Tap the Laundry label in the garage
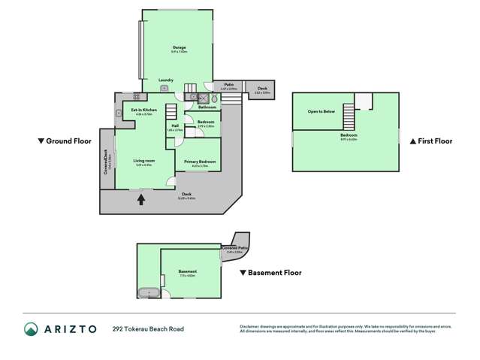point(166,80)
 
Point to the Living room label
point(144,161)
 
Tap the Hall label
point(174,126)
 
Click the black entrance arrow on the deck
point(140,200)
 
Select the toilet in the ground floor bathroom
point(214,98)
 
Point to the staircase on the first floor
point(349,117)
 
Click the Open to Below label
point(321,110)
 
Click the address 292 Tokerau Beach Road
point(148,328)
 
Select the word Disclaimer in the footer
point(249,325)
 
